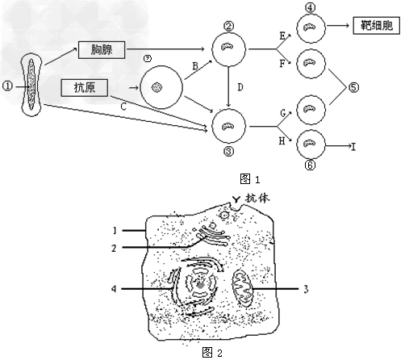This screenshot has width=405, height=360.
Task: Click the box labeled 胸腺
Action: pyautogui.click(x=102, y=50)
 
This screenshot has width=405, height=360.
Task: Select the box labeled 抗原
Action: pyautogui.click(x=85, y=88)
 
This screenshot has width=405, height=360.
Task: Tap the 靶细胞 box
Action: pyautogui.click(x=376, y=26)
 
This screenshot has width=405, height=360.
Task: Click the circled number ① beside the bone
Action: pyautogui.click(x=7, y=86)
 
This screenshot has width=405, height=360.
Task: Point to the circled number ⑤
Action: pyautogui.click(x=353, y=87)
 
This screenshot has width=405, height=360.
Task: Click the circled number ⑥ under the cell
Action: pyautogui.click(x=310, y=165)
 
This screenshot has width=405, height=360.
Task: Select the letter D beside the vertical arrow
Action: pyautogui.click(x=240, y=87)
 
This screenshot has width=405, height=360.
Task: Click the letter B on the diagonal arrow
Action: pyautogui.click(x=195, y=66)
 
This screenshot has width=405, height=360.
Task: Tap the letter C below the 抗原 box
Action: pyautogui.click(x=123, y=107)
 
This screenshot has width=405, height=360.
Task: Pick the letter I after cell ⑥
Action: pyautogui.click(x=353, y=147)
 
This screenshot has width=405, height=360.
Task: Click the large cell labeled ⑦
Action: pyautogui.click(x=161, y=87)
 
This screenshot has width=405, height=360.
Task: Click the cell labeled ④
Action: pyautogui.click(x=311, y=28)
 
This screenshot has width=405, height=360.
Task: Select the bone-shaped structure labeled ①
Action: pyautogui.click(x=31, y=85)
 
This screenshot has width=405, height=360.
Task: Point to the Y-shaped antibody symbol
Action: pyautogui.click(x=236, y=199)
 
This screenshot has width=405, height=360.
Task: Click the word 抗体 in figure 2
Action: pyautogui.click(x=257, y=199)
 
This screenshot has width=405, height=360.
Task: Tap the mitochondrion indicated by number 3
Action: pyautogui.click(x=243, y=288)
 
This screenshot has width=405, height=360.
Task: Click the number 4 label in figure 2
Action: pyautogui.click(x=114, y=289)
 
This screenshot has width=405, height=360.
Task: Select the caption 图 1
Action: pyautogui.click(x=250, y=179)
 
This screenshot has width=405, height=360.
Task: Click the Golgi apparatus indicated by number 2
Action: pyautogui.click(x=212, y=235)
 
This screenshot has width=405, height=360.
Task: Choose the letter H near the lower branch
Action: pyautogui.click(x=282, y=140)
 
